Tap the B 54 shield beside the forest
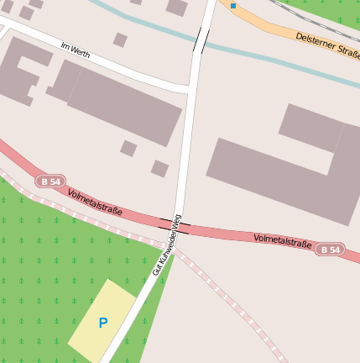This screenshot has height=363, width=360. (x=49, y=181)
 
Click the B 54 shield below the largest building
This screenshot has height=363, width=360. (x=330, y=250)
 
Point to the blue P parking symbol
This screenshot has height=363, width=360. (x=103, y=323)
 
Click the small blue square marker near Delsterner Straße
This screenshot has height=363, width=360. (x=233, y=6)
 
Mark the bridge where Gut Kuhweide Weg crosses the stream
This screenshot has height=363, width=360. (x=201, y=39)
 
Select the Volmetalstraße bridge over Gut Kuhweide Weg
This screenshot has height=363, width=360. (x=175, y=224)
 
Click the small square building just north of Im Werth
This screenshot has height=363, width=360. (x=120, y=39)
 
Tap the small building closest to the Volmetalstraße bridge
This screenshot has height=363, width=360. (x=159, y=168)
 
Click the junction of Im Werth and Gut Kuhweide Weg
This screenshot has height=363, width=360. (x=190, y=87)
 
